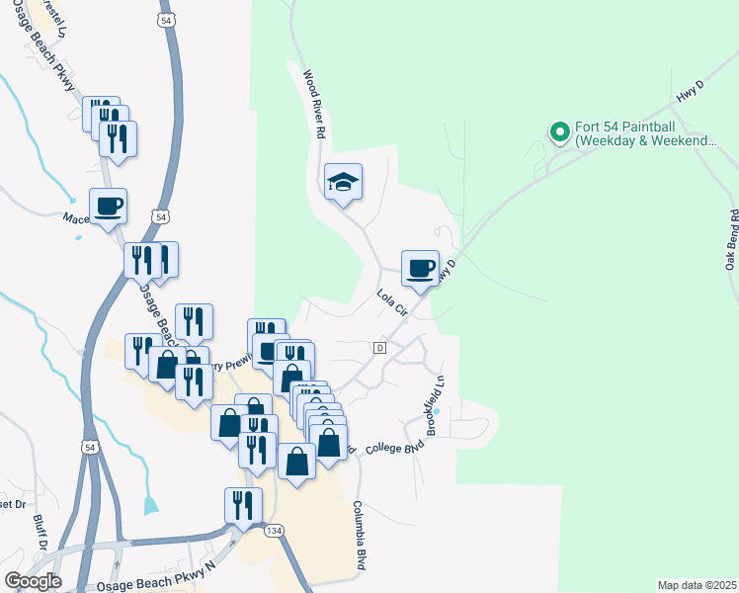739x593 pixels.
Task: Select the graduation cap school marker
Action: pos(343,182)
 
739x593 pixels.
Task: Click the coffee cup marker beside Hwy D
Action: pos(420,268)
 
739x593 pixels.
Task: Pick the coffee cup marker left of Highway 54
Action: pos(108,207)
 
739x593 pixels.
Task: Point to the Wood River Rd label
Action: pos(315,103)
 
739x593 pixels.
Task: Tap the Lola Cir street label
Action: pos(392,300)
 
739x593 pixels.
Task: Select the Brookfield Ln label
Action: pos(434,393)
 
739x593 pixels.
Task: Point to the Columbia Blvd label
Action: pos(361,534)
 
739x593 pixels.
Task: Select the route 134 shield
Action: pos(274,531)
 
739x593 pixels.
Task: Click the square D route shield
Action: pos(379,348)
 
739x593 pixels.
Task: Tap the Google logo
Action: pos(32,581)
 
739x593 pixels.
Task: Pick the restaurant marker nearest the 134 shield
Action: pos(242,505)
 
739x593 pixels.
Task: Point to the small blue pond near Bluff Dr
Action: pos(150,505)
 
